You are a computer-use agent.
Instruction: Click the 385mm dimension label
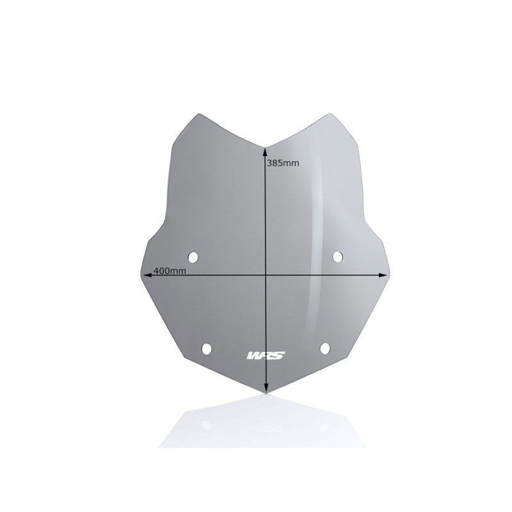coord(283,163)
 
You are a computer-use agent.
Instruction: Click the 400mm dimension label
coord(170,271)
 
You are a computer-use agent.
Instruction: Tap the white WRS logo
coord(266,355)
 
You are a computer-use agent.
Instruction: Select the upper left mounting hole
coord(193,257)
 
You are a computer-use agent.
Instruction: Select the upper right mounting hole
coord(338,257)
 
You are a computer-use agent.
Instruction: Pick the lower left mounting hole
coord(206,349)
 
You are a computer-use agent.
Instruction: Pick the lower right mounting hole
coord(325,348)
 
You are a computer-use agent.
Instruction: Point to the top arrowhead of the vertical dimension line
coord(266,151)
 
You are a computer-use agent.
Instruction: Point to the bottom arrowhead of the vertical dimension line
coord(266,388)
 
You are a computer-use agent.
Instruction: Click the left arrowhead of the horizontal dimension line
coord(147,275)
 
